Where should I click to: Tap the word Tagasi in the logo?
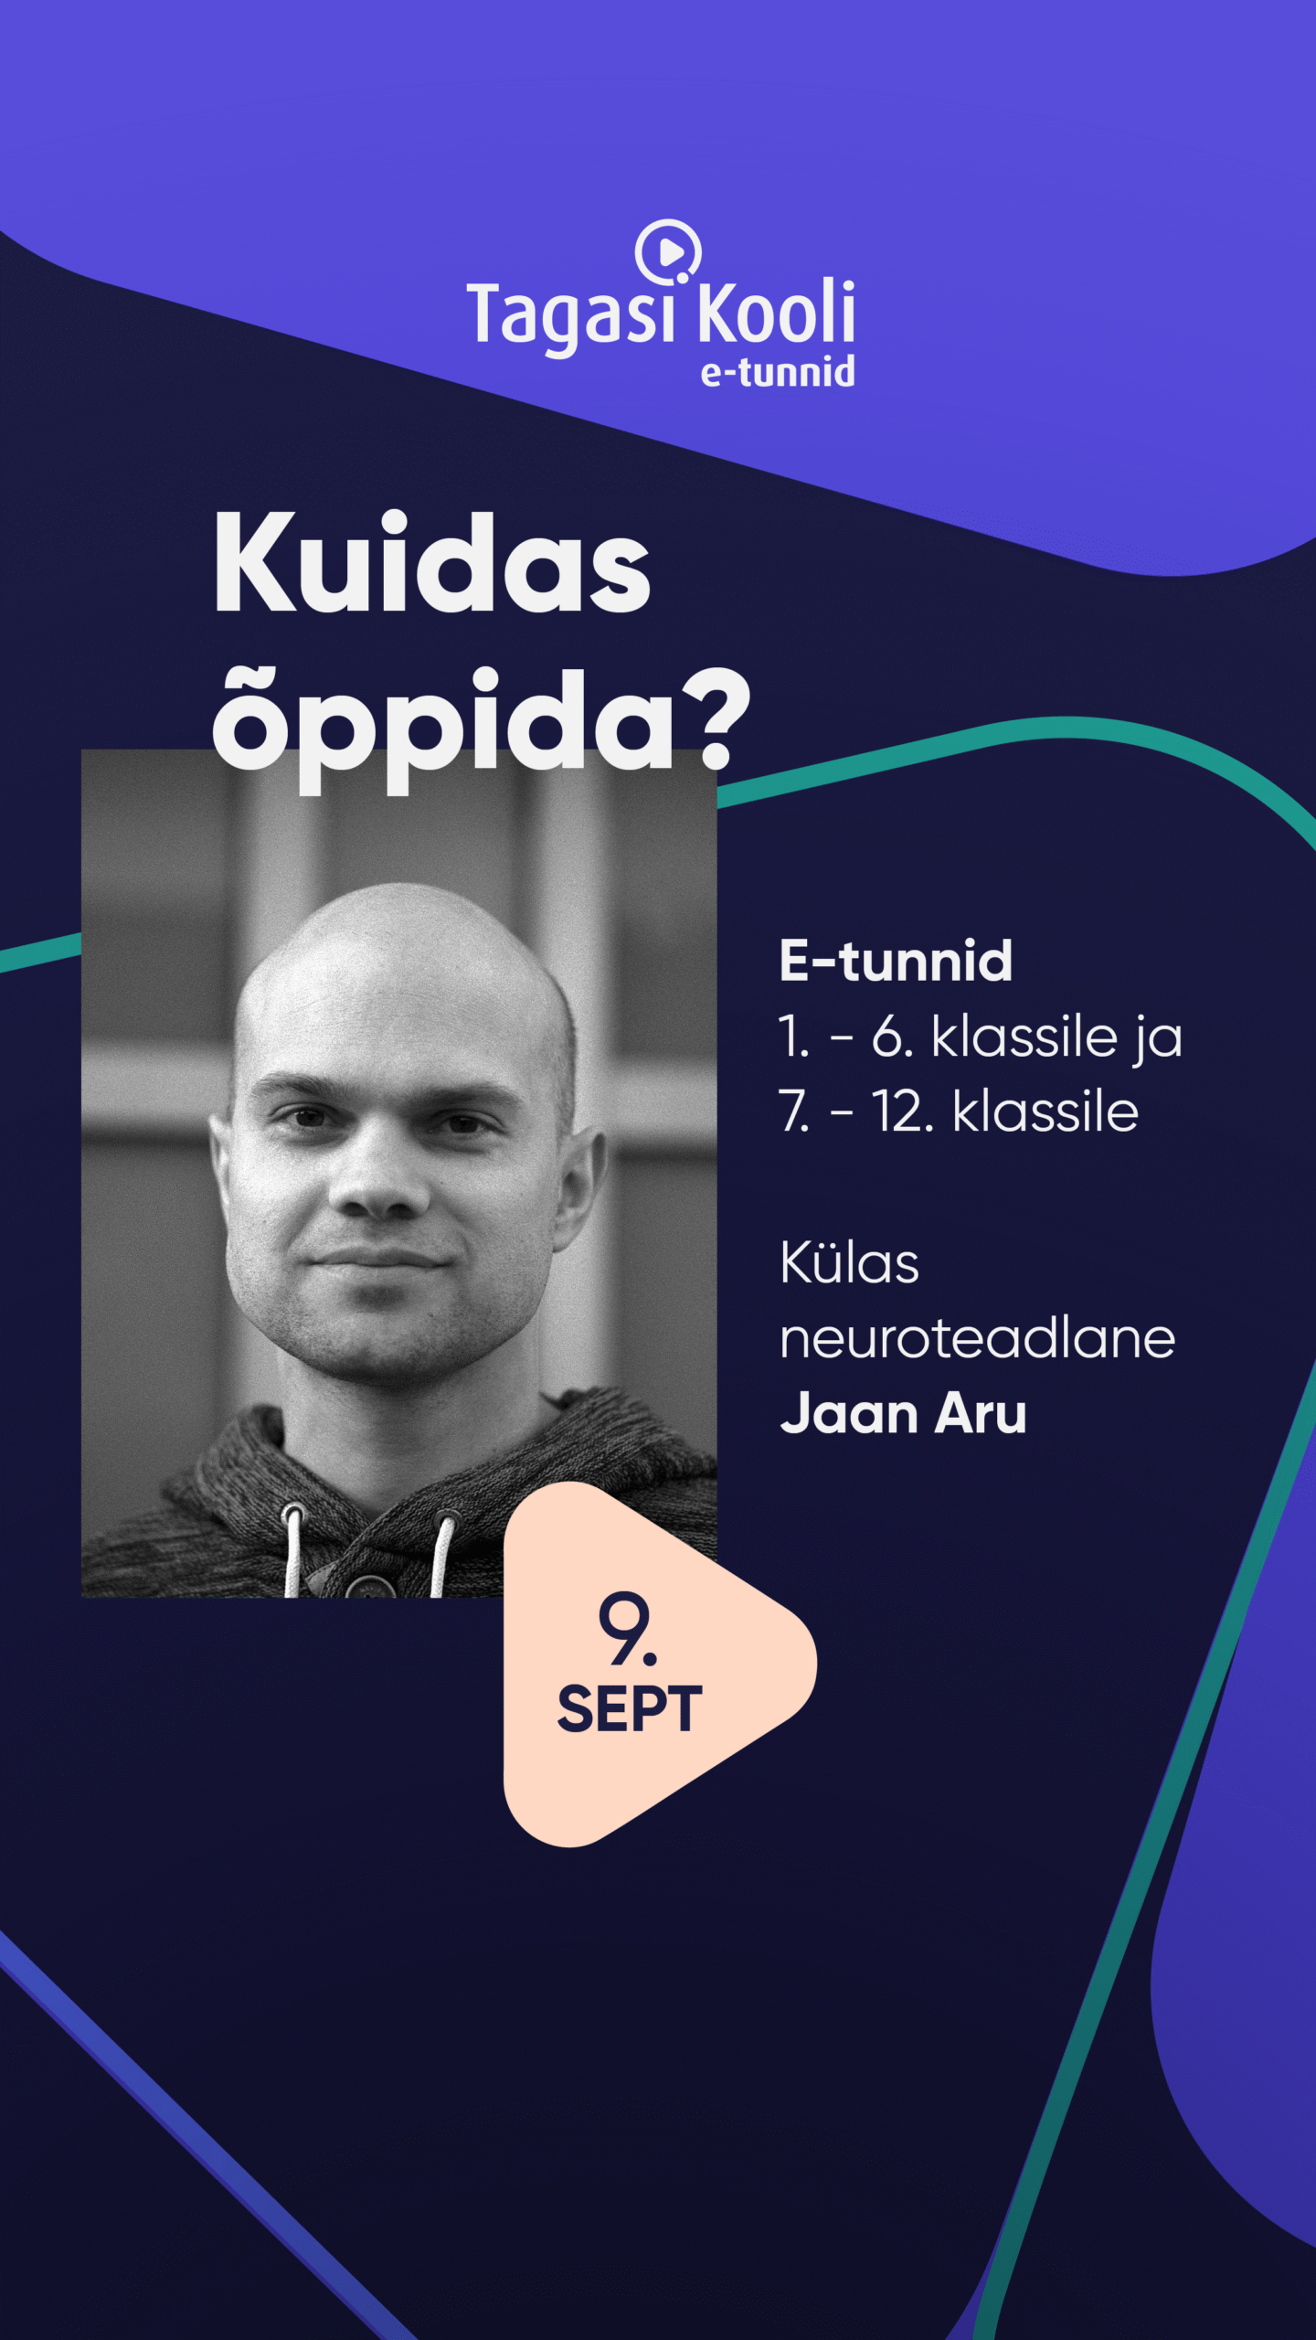tap(570, 315)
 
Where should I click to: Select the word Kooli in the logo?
tap(776, 312)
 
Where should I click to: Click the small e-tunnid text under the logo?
tap(778, 372)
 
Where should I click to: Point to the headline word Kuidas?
tap(431, 564)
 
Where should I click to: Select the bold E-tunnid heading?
tap(896, 961)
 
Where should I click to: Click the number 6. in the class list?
tap(892, 1037)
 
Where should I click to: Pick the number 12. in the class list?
tap(903, 1112)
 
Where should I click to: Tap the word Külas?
tap(849, 1264)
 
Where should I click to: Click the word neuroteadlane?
tap(977, 1339)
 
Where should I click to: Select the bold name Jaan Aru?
tap(903, 1414)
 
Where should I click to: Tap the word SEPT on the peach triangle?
tap(630, 1708)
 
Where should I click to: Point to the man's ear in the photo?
tap(581, 1179)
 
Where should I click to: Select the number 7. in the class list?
tap(793, 1112)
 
